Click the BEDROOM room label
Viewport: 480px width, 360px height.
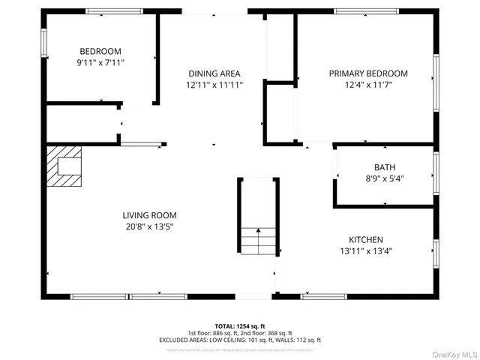pyautogui.click(x=100, y=51)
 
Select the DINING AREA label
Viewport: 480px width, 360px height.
pyautogui.click(x=214, y=73)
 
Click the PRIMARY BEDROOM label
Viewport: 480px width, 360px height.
pyautogui.click(x=368, y=73)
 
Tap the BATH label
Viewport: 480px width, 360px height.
pyautogui.click(x=385, y=167)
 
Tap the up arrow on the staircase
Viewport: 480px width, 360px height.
pyautogui.click(x=258, y=232)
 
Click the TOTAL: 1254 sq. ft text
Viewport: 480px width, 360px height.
pyautogui.click(x=240, y=325)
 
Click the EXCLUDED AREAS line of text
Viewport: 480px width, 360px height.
pyautogui.click(x=240, y=340)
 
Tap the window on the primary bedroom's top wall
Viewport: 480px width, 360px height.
pyautogui.click(x=366, y=11)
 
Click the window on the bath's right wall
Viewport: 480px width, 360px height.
pyautogui.click(x=435, y=174)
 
